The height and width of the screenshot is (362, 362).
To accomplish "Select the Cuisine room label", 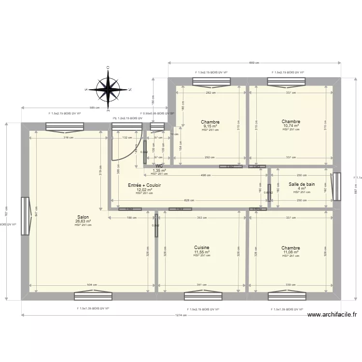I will point(202,248).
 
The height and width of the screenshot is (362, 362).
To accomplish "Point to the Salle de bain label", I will point(302,184).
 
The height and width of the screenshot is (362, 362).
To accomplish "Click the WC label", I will point(159,166).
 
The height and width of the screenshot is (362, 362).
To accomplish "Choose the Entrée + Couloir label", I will point(144,185).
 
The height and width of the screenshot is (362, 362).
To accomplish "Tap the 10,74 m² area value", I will point(291,126).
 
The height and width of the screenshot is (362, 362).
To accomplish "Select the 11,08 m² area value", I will point(291,252).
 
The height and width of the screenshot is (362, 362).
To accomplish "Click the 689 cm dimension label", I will point(254,63).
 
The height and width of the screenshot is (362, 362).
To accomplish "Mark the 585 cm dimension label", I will point(95,108).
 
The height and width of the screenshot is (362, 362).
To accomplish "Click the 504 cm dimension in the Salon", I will point(91,285).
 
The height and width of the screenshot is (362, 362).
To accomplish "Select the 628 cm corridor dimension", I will point(189,200).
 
